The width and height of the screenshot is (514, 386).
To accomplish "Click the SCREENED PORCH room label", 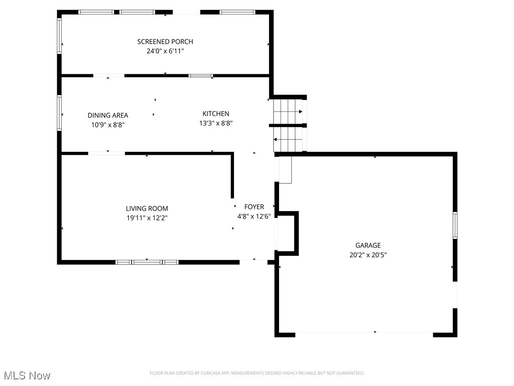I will [x=165, y=42].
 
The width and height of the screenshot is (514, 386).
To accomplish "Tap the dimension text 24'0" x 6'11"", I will [x=165, y=51].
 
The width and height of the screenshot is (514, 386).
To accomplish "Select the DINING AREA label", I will [x=107, y=115].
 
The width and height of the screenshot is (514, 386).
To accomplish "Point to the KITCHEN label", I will [x=216, y=114].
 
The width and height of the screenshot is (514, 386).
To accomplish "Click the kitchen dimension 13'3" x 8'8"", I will [x=216, y=123].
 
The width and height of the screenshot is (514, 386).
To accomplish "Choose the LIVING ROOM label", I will [x=147, y=209].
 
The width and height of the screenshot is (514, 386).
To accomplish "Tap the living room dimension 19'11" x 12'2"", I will [x=147, y=218].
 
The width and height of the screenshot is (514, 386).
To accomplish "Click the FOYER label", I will [x=254, y=207].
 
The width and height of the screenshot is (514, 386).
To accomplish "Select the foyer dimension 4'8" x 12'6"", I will [x=254, y=217].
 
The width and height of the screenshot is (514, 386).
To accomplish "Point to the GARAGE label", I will [x=368, y=245].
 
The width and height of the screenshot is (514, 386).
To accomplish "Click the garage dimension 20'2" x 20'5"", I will [x=368, y=255].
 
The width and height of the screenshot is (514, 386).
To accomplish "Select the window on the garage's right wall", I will [x=455, y=225].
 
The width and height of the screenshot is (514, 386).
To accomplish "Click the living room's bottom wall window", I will [x=147, y=262].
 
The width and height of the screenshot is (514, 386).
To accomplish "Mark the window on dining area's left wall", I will [x=59, y=113].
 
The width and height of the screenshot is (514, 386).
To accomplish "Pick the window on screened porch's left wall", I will [x=59, y=36].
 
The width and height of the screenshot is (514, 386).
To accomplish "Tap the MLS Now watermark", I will [x=27, y=375].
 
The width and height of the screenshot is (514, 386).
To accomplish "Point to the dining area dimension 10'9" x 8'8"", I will [x=107, y=125].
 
